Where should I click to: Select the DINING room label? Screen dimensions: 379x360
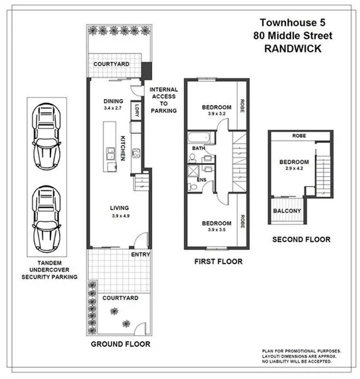point(114,101)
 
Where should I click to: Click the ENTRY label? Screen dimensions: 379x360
point(141,254)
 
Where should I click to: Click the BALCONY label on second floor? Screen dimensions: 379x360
point(287,211)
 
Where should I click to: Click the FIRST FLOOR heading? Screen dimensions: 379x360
point(218,261)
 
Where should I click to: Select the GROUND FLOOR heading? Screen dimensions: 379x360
point(120,344)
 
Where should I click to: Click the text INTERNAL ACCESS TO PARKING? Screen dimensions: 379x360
point(163,100)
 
